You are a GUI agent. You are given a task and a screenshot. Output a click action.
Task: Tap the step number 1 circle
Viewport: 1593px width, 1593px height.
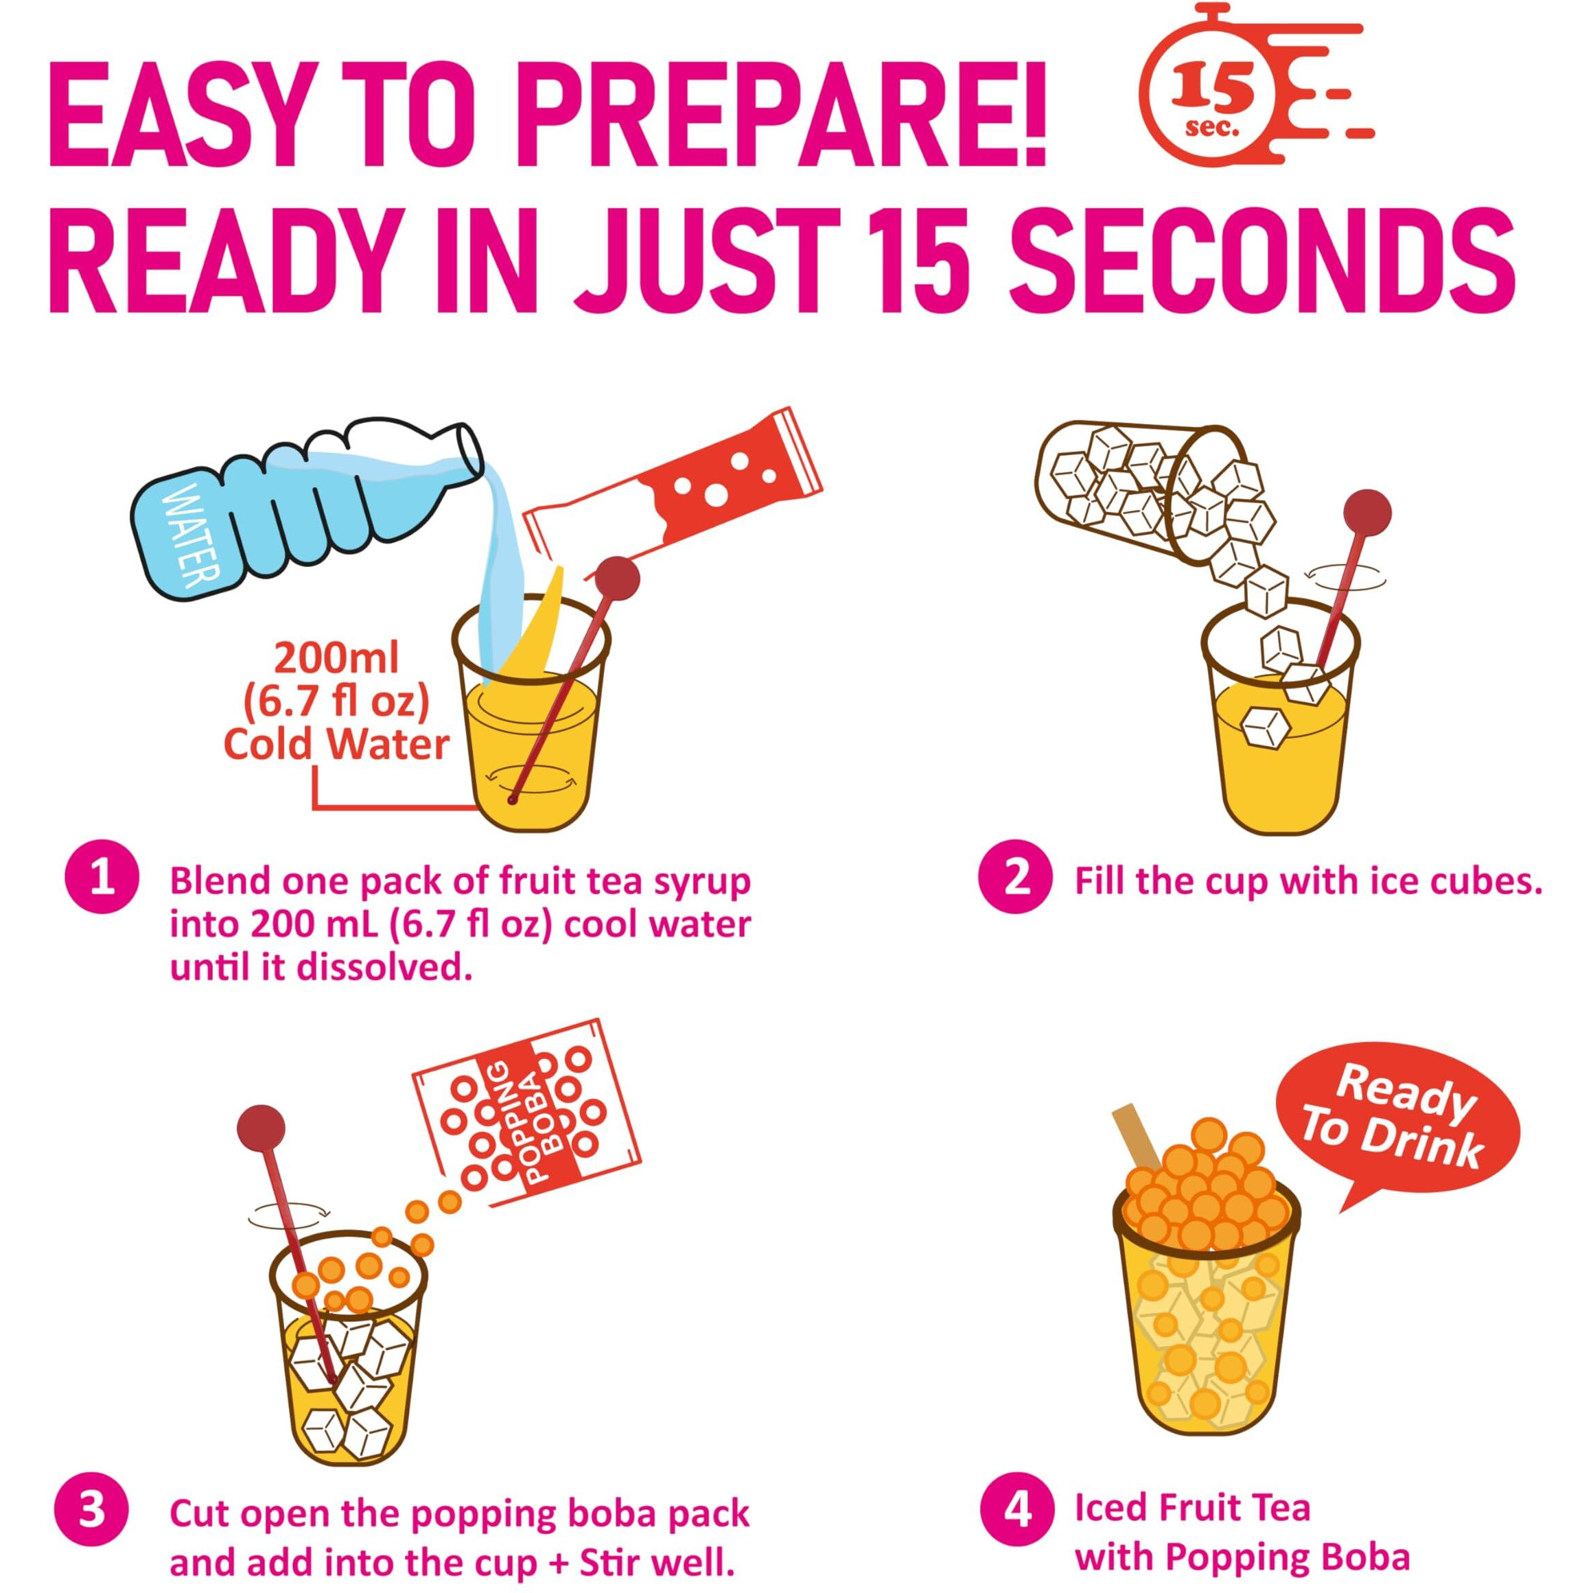point(102,880)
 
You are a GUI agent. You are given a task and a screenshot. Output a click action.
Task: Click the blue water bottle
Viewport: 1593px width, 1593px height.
point(305,511)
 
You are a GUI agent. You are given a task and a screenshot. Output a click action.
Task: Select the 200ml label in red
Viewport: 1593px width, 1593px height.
point(337,658)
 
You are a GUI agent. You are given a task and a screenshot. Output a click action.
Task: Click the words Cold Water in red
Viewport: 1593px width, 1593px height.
point(337,745)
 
